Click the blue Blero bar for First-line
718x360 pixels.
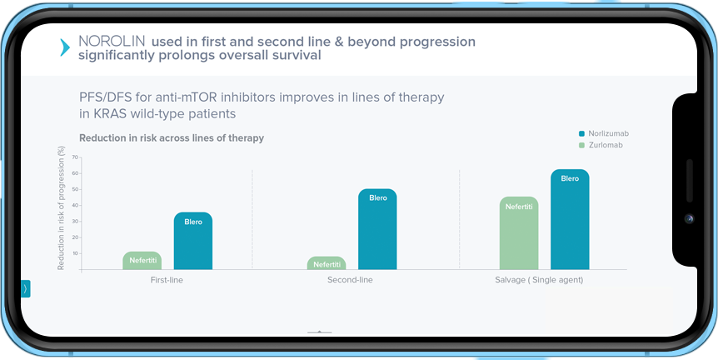click(x=192, y=241)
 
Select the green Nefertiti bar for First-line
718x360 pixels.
click(x=142, y=260)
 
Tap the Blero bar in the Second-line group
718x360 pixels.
click(x=377, y=229)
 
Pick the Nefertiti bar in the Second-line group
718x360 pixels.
click(x=327, y=262)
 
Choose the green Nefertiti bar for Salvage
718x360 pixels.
click(x=519, y=232)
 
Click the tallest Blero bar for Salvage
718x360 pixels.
click(x=570, y=219)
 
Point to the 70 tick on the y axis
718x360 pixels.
click(x=76, y=157)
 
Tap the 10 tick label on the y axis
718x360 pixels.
click(x=76, y=253)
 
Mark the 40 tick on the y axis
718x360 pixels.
click(x=76, y=205)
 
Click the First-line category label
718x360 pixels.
click(x=167, y=280)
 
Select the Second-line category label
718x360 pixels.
click(x=350, y=280)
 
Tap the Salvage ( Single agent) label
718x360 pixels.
click(x=539, y=280)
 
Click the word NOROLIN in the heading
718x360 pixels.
click(x=112, y=42)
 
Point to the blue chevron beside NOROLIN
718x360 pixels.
click(x=65, y=47)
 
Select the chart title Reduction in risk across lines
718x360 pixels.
click(x=172, y=137)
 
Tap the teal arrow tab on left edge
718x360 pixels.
click(x=25, y=288)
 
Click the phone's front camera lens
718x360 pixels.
click(x=689, y=219)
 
